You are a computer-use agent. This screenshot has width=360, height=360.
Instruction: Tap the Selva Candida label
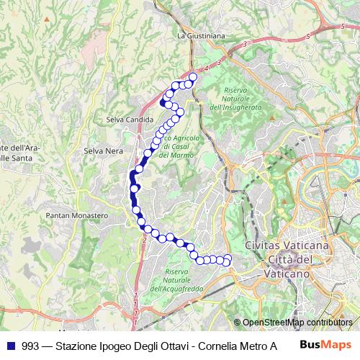(x=130, y=119)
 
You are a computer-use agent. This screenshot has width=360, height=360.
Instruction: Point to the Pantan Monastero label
(x=77, y=215)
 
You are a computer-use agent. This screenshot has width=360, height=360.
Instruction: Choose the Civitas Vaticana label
(x=287, y=246)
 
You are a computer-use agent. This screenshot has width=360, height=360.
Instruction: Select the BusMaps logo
(x=325, y=345)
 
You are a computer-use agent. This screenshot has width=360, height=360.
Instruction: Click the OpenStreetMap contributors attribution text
(x=297, y=323)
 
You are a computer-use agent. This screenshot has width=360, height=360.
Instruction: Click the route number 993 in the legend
(x=31, y=345)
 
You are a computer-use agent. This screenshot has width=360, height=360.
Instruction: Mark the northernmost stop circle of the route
(x=192, y=76)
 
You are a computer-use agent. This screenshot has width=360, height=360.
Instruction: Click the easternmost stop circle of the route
(x=228, y=259)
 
